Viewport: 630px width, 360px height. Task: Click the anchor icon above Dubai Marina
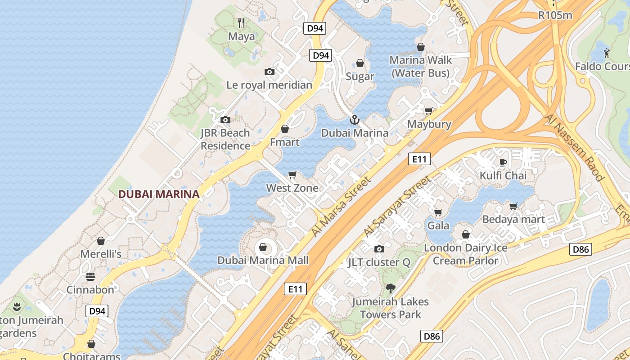click(x=355, y=120)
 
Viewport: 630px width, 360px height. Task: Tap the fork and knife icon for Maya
click(x=241, y=22)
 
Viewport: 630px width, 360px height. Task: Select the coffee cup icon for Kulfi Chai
click(x=503, y=162)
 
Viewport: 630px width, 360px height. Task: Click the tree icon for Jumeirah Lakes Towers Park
click(x=390, y=288)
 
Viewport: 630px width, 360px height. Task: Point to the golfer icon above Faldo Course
click(x=607, y=53)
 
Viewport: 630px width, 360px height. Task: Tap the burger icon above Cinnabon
click(x=90, y=276)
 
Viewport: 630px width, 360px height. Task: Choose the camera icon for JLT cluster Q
click(x=379, y=249)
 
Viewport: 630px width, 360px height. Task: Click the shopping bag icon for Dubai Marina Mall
click(x=263, y=247)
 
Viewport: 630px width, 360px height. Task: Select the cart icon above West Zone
click(x=292, y=175)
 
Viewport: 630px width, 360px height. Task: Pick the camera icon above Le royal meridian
click(x=269, y=72)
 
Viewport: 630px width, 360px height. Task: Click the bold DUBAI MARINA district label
click(x=158, y=194)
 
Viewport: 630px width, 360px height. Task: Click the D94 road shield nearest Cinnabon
click(x=97, y=310)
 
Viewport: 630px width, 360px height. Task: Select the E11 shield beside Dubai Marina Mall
click(x=295, y=289)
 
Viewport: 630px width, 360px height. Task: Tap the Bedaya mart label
click(x=513, y=220)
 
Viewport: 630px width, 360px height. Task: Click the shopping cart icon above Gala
click(x=438, y=212)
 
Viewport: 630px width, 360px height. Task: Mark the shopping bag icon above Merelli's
click(x=101, y=241)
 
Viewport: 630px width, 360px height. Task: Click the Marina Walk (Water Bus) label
click(x=420, y=67)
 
